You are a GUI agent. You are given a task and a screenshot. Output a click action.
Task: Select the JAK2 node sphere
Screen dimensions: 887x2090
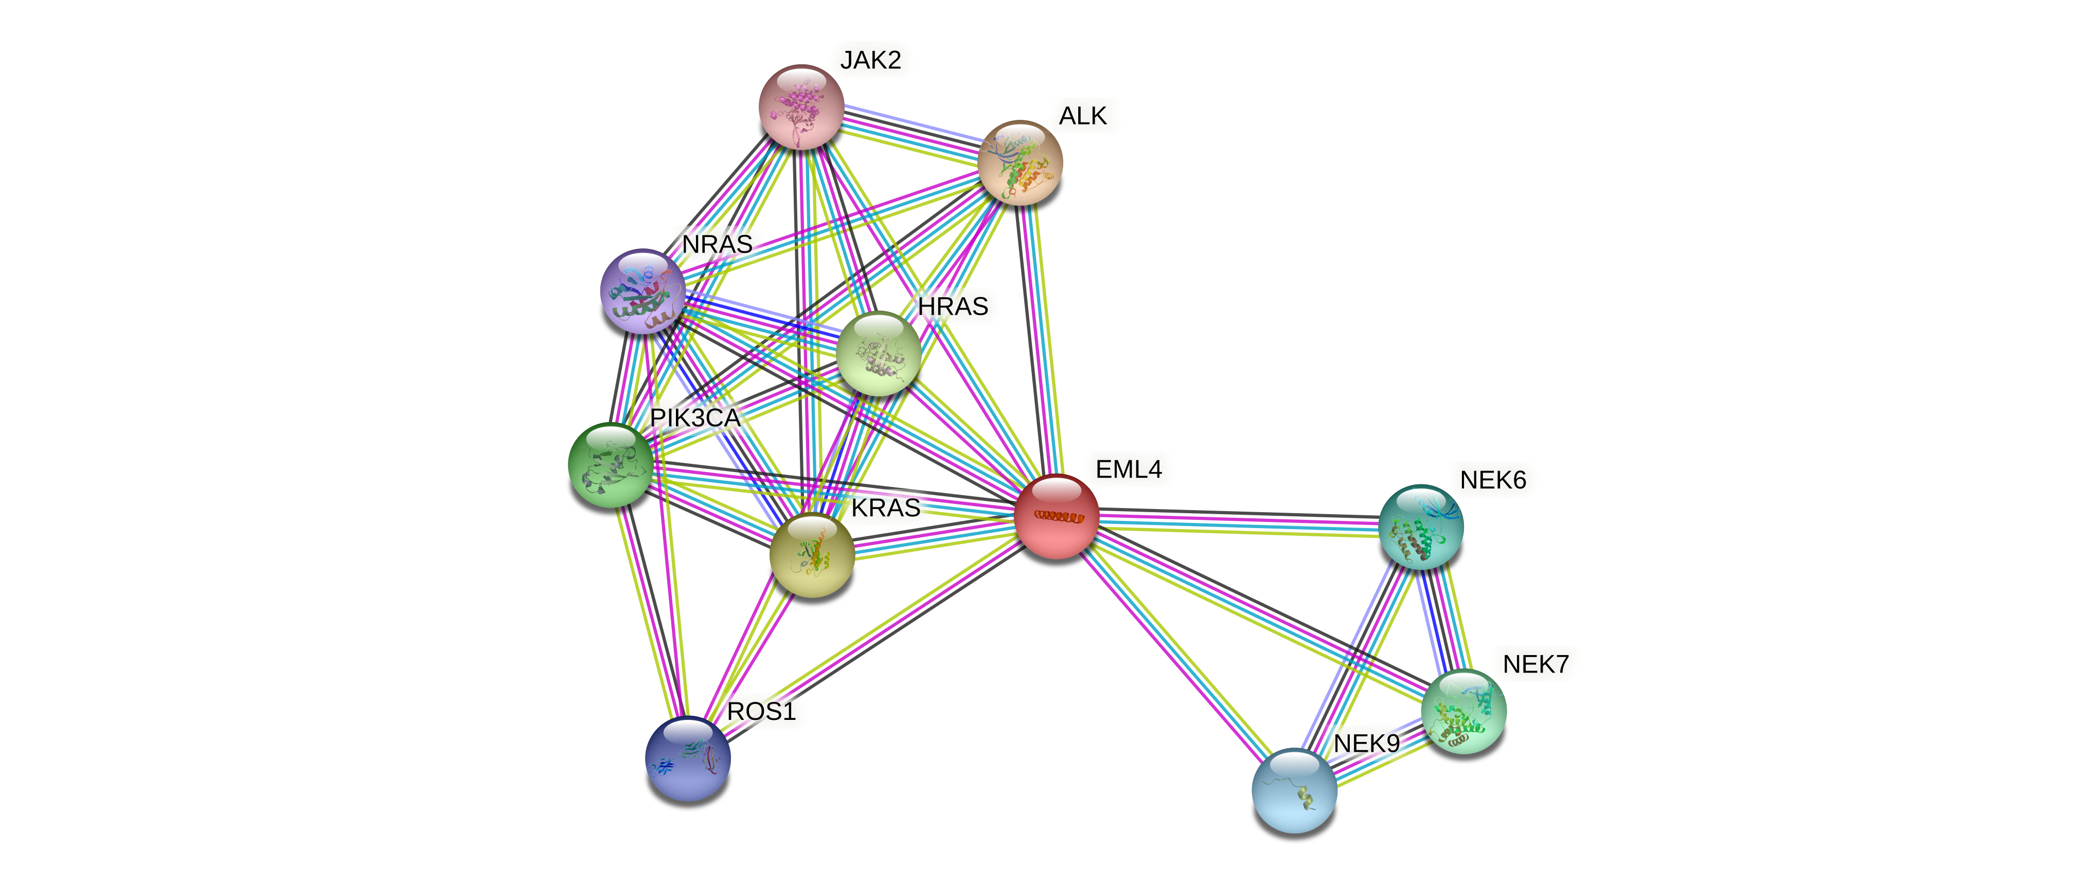[801, 107]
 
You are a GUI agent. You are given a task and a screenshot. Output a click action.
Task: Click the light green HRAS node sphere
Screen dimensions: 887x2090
[879, 353]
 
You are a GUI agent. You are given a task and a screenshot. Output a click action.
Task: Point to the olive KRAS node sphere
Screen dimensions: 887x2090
[811, 555]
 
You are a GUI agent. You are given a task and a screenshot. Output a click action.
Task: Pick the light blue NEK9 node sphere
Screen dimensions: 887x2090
[1294, 790]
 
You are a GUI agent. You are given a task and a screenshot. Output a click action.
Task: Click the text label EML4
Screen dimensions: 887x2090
[1129, 469]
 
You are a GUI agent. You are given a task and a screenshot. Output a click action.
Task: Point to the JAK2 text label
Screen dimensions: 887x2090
[870, 60]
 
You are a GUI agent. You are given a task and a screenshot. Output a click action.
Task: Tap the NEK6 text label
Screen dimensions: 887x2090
[1493, 480]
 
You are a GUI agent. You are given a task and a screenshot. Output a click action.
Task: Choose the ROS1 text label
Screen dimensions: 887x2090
[761, 712]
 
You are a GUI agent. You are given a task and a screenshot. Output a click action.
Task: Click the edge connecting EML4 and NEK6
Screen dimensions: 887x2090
[1239, 522]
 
